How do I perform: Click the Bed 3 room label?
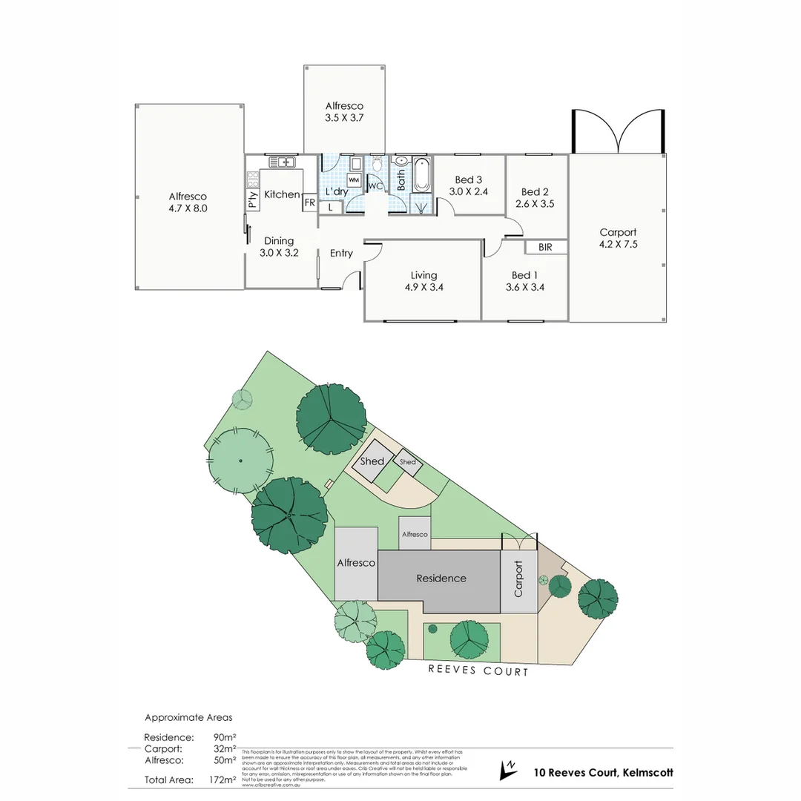[469, 185]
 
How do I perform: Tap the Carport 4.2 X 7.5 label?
[618, 238]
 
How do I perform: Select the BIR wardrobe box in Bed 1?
[545, 247]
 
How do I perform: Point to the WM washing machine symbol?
[354, 180]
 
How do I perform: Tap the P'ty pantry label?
[252, 200]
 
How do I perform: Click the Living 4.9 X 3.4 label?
[423, 281]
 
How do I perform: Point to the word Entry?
[341, 254]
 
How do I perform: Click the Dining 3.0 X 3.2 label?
[279, 246]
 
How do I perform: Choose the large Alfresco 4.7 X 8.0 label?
[188, 202]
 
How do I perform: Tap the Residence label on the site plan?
[441, 578]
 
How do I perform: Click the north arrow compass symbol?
[509, 771]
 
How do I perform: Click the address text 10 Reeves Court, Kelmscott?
[603, 772]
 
